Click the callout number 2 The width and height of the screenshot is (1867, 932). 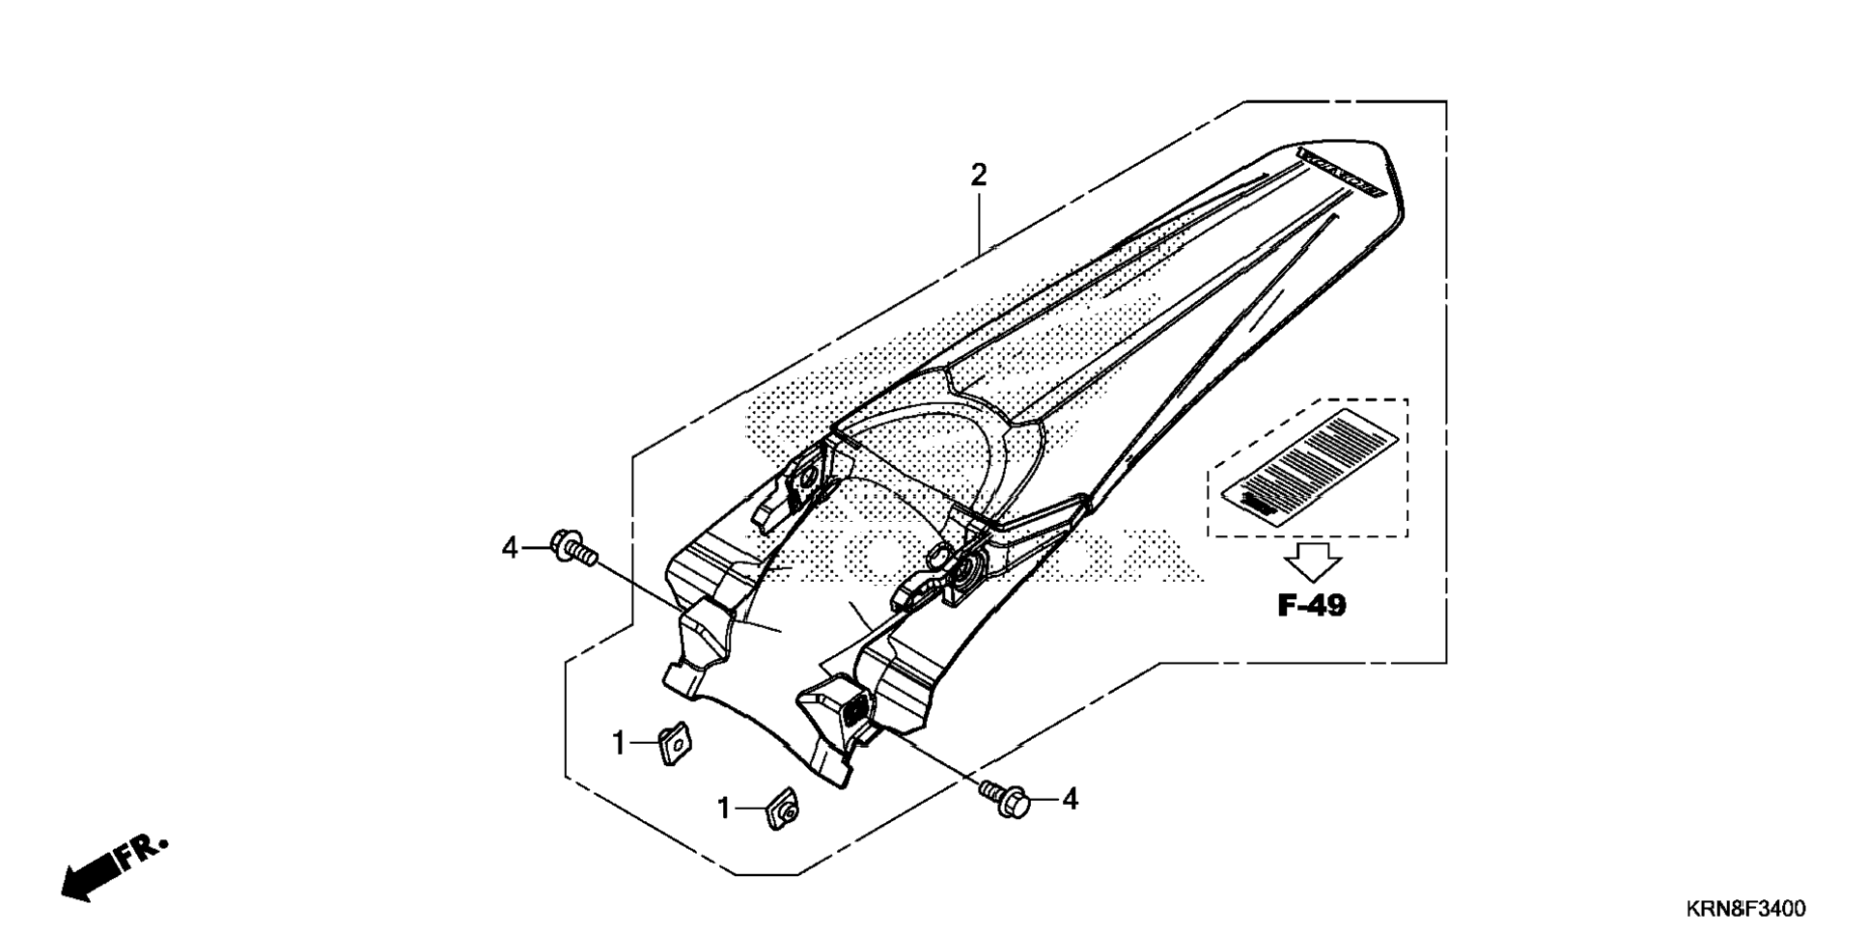pos(979,176)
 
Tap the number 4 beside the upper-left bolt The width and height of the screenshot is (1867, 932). pos(511,549)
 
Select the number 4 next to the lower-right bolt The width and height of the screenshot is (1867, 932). pos(1069,799)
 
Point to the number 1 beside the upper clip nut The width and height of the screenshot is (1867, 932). pos(620,743)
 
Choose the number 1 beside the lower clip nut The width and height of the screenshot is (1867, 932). pos(724,808)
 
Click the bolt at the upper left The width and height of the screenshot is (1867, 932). pos(571,548)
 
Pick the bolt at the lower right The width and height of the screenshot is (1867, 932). pos(1005,798)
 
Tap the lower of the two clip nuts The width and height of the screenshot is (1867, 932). pos(783,808)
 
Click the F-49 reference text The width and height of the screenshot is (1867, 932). pos(1311,606)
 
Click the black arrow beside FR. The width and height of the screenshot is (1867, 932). pos(92,876)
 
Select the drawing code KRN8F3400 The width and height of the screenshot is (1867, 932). pos(1745,909)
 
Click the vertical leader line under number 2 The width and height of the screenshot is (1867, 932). pos(979,222)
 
